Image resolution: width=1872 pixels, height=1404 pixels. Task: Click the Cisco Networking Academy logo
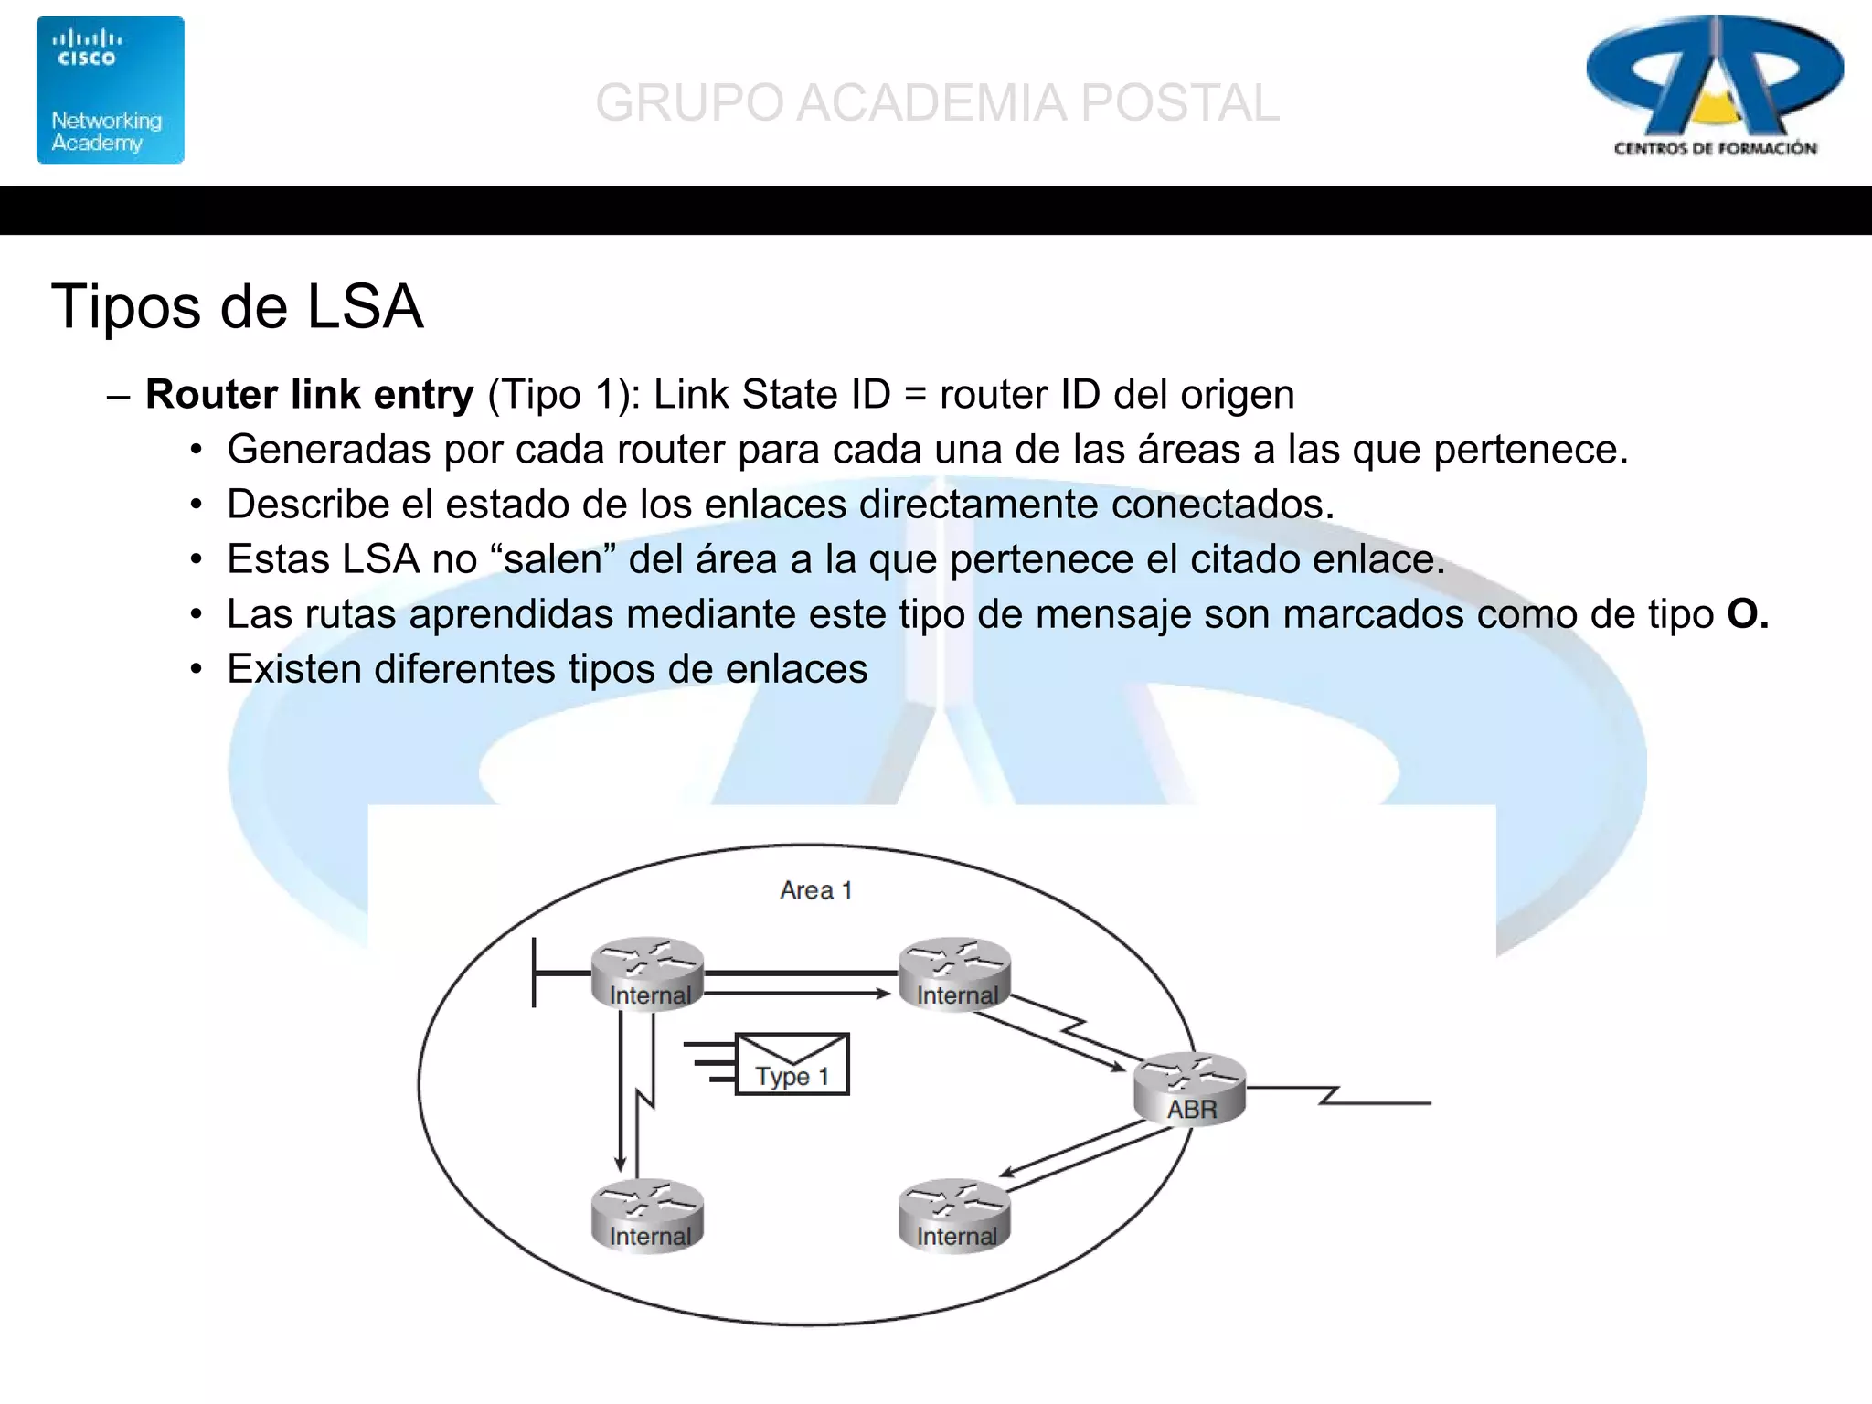pos(110,90)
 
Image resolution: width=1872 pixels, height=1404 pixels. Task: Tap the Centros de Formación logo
pos(1714,87)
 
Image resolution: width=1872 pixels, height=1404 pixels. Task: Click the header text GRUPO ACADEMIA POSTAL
pos(937,102)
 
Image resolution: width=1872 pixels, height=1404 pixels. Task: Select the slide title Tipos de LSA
pos(238,306)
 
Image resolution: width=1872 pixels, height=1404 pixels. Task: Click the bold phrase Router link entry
pos(309,395)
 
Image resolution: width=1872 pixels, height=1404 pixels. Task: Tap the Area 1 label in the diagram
pos(815,890)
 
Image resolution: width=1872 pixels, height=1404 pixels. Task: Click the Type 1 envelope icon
pos(792,1064)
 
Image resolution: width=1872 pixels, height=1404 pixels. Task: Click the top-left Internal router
pos(647,973)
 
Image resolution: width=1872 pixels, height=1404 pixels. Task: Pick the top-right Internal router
pos(954,973)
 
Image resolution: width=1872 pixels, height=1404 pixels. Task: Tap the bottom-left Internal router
pos(647,1215)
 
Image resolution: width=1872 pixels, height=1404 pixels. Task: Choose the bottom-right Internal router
pos(954,1215)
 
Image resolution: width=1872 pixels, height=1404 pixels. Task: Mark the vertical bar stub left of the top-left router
pos(534,973)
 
